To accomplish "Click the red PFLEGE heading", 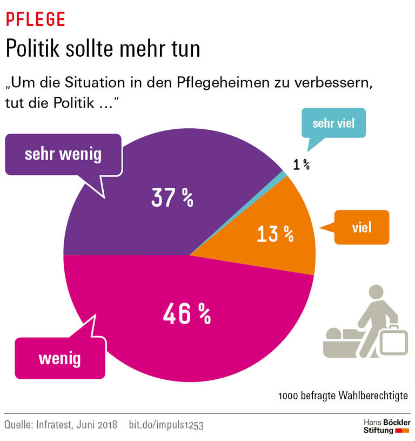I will (35, 19).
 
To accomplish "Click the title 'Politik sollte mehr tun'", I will (103, 49).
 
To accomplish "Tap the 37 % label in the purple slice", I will (172, 199).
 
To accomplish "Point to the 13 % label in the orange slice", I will (274, 234).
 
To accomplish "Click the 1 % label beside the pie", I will (301, 165).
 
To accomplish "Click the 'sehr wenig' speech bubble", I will (63, 155).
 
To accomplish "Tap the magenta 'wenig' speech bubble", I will (59, 358).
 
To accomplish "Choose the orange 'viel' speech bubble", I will (362, 227).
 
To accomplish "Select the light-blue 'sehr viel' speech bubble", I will (333, 123).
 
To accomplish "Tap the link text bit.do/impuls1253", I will (166, 425).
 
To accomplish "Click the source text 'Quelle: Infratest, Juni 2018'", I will (61, 425).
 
